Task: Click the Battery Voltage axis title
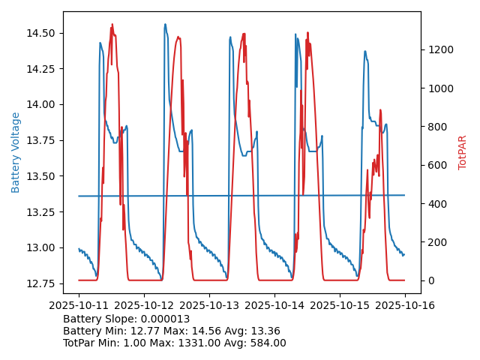16,152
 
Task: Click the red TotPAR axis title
463,152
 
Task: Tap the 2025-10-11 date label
79,306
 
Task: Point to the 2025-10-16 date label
405,306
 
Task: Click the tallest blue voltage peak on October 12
165,25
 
